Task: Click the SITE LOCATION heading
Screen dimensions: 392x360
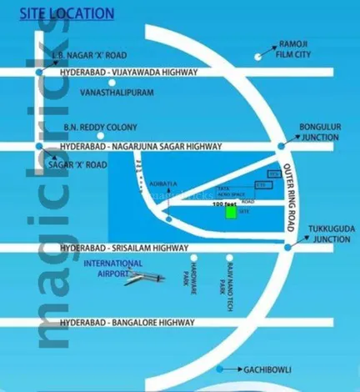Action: point(61,13)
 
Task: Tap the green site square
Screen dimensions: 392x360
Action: point(230,213)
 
